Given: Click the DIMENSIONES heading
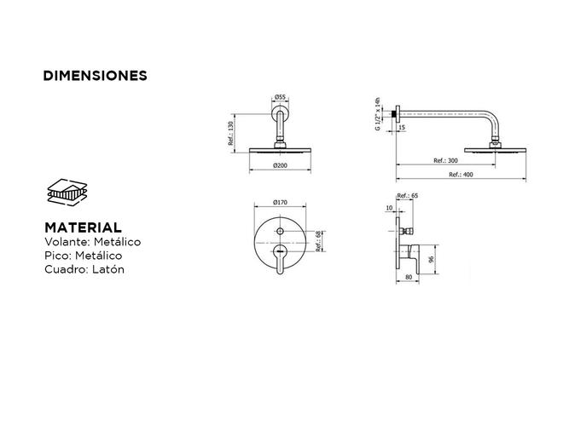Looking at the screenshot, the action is pos(95,76).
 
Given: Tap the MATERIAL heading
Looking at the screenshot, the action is pos(83,227).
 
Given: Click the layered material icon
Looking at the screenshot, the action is pos(67,193).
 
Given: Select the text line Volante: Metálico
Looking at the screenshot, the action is pos(92,242).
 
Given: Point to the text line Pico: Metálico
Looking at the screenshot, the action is pos(83,256).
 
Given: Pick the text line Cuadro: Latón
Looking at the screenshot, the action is pos(84,269).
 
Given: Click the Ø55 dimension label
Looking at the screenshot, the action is pos(280,97).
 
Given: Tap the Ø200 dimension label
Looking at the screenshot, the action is pos(280,165).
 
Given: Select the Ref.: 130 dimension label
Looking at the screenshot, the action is pos(231,133).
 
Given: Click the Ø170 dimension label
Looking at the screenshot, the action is pos(280,202).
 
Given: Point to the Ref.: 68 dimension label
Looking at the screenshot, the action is pos(318,241).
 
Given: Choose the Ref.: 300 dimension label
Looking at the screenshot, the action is pos(445,160).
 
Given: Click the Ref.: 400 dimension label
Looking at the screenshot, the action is pos(461,175).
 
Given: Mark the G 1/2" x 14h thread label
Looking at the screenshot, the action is pos(378,114).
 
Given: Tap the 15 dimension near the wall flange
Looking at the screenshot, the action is pos(402,128).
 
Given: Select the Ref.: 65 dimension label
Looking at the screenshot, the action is pos(408,195).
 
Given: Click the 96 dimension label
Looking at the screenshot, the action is pos(431,260).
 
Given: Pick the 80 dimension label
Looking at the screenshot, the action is pos(409,277).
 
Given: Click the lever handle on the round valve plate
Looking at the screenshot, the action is pos(280,259).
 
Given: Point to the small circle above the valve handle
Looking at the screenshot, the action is pos(280,231).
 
